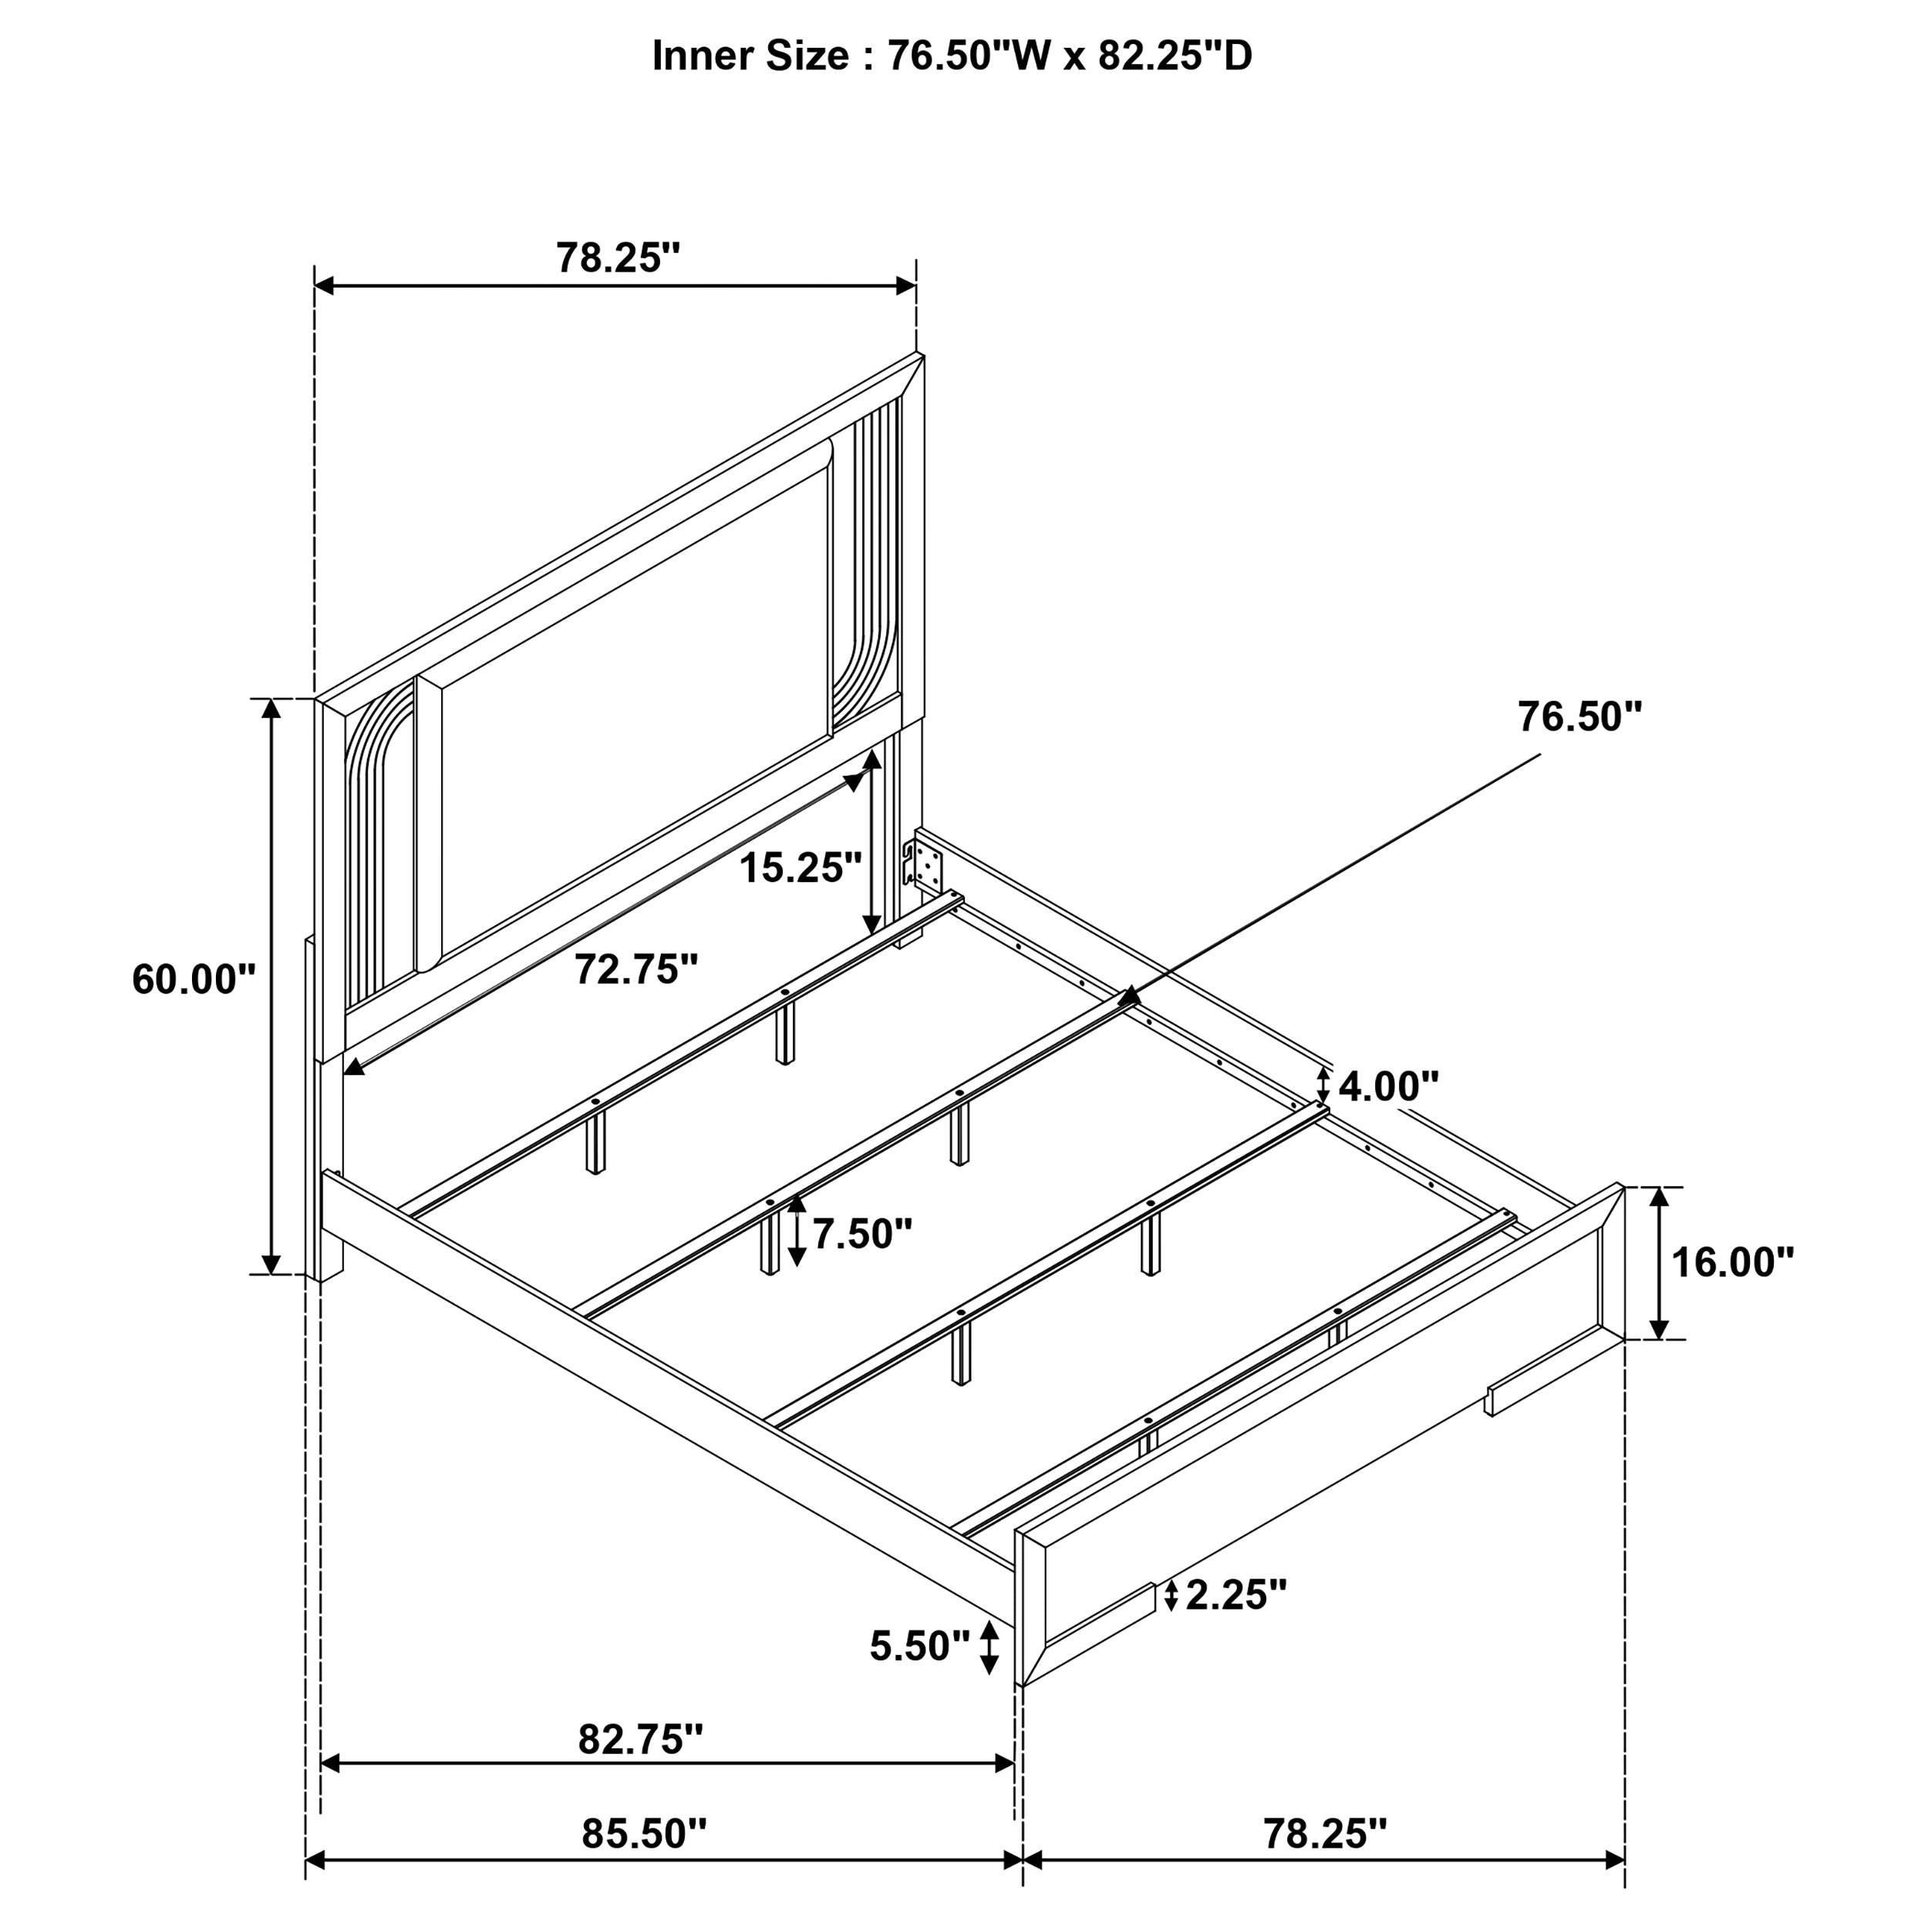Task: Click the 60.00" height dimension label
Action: point(194,979)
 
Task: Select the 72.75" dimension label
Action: point(635,969)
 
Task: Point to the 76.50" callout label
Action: point(1579,716)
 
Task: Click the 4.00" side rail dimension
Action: point(1388,1086)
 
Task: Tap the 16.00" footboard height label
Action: point(1732,1262)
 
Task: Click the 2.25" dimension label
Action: point(1236,1512)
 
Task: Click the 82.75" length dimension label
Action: point(641,1739)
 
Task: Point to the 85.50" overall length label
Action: point(644,1834)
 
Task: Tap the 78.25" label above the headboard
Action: point(618,258)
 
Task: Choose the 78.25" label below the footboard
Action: point(1325,1834)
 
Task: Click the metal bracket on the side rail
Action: point(922,865)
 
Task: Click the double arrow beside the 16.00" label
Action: point(1659,1262)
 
